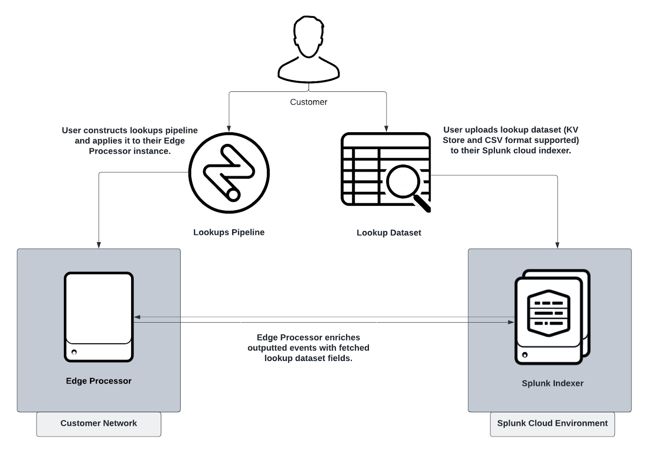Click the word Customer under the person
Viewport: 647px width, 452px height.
tap(309, 102)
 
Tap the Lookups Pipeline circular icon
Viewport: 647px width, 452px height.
tap(229, 173)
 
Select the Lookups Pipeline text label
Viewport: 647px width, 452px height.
tap(229, 232)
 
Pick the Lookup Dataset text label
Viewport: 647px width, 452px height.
tap(389, 233)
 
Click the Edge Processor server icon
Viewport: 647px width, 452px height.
tap(99, 317)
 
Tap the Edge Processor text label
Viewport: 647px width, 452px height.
tap(99, 381)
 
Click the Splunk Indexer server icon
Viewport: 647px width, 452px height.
tap(552, 317)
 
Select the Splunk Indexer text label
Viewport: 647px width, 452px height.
tap(552, 384)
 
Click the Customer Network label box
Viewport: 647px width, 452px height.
tap(99, 424)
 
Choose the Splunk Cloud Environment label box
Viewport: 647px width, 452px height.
tap(552, 424)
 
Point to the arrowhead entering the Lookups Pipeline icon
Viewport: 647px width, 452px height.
tap(229, 129)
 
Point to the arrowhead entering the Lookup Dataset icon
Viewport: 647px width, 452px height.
tap(386, 129)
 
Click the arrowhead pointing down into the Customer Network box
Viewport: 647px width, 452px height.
tap(99, 245)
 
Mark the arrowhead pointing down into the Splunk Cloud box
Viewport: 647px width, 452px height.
tap(557, 245)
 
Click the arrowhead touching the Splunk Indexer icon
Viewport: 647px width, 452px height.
tap(512, 322)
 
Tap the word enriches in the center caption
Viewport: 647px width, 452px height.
tap(340, 338)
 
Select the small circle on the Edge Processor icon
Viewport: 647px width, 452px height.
tap(74, 352)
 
